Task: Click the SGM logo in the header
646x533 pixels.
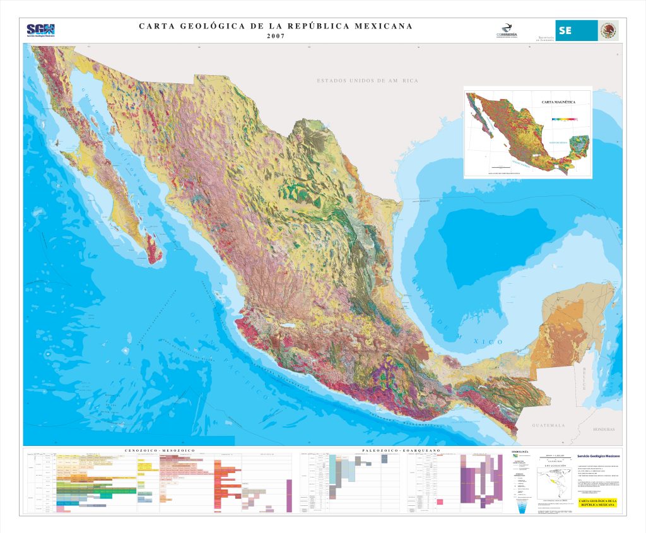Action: coord(40,30)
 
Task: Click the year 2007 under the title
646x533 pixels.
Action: coord(276,36)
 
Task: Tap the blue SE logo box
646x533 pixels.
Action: coord(575,31)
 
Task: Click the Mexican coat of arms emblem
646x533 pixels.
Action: coord(608,30)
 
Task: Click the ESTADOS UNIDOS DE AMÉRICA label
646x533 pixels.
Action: coord(367,81)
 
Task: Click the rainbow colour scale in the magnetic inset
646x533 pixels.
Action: coord(564,118)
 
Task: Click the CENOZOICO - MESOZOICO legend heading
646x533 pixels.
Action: coord(160,450)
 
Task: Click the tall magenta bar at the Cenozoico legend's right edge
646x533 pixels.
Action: coord(290,496)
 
